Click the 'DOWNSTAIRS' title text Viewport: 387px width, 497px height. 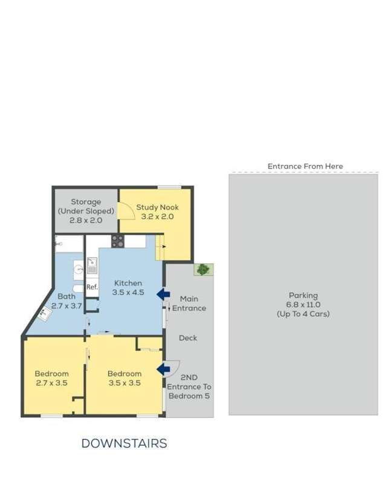click(x=124, y=444)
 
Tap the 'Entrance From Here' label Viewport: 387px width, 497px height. click(x=305, y=166)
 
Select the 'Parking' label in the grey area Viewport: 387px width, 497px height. click(x=303, y=296)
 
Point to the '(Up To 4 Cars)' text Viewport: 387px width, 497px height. click(x=303, y=314)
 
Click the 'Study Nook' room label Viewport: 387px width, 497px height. click(x=157, y=207)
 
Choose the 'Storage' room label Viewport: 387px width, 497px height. click(x=86, y=202)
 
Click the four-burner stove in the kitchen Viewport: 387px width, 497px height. click(x=117, y=241)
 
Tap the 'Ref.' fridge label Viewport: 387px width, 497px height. click(x=92, y=287)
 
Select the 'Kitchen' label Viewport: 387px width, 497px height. click(x=127, y=283)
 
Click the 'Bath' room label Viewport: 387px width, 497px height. click(x=67, y=296)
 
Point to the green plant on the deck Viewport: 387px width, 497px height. click(x=203, y=269)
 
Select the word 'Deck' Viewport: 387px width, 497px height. click(x=188, y=338)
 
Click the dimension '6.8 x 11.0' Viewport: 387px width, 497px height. click(x=303, y=305)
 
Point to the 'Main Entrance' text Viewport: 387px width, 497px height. click(x=189, y=304)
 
